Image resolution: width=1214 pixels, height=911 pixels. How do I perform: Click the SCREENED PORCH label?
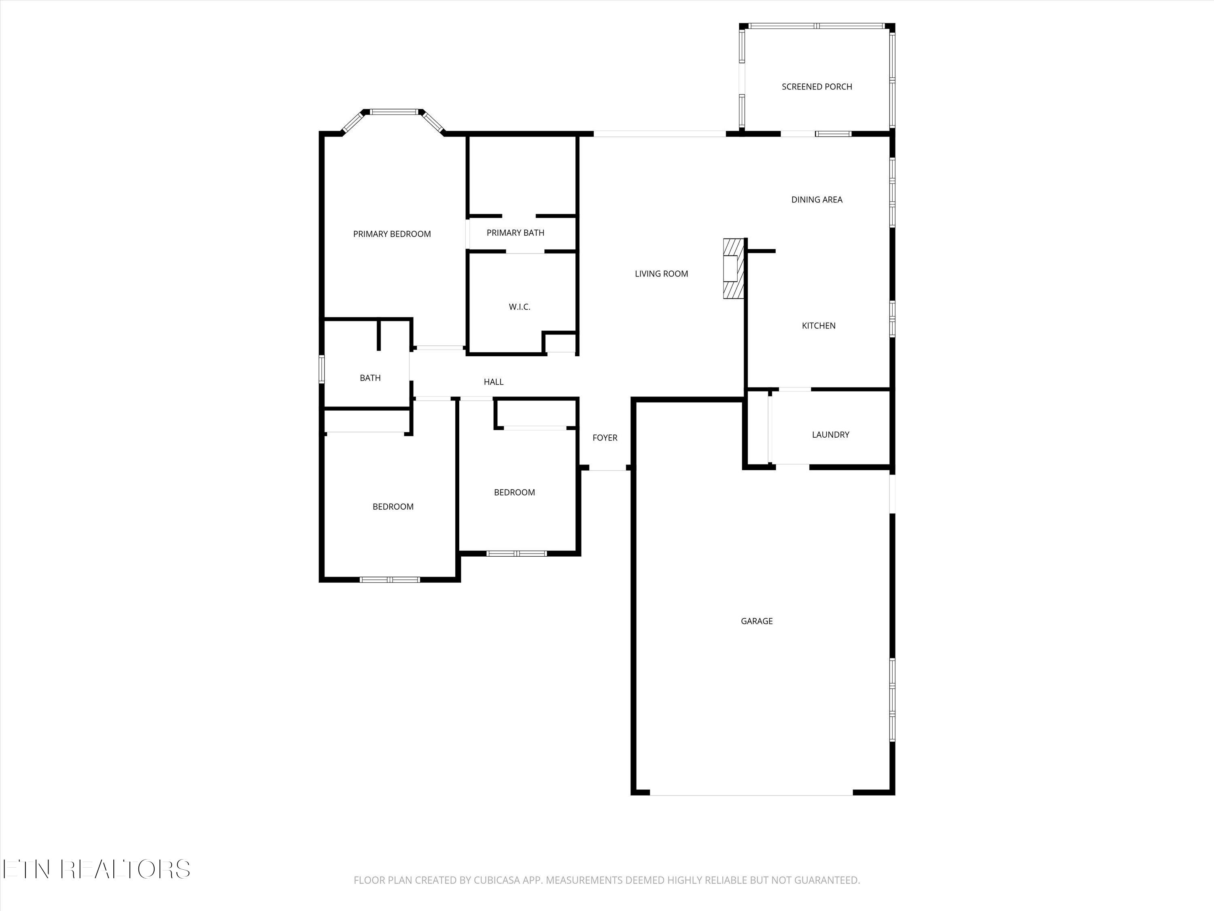coord(817,87)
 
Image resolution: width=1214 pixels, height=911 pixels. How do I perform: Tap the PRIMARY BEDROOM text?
coord(392,234)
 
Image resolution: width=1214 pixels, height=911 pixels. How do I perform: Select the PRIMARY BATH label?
coord(516,233)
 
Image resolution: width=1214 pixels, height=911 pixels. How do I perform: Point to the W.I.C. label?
coord(519,307)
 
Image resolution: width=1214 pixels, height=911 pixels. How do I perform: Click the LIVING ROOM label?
coord(661,274)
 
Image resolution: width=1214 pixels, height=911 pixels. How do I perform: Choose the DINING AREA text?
coord(817,200)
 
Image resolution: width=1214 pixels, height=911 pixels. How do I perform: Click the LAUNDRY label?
coord(830,435)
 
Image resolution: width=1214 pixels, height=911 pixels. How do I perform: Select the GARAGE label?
coord(757,621)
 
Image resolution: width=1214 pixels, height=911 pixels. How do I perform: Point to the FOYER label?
coord(605,438)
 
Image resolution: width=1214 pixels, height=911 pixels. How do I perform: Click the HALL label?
coord(493,382)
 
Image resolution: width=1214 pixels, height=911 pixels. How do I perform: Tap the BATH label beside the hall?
coord(370,378)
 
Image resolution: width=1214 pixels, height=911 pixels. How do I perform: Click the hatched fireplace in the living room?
coord(733,268)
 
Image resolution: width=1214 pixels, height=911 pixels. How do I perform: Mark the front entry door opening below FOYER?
coord(607,468)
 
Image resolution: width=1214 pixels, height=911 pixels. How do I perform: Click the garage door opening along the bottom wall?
coord(751,793)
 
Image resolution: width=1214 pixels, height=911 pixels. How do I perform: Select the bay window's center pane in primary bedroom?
coord(393,112)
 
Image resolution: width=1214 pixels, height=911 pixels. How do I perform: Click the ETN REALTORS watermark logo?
coord(97,869)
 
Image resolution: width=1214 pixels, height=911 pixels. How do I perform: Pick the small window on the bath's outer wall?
coord(322,369)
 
